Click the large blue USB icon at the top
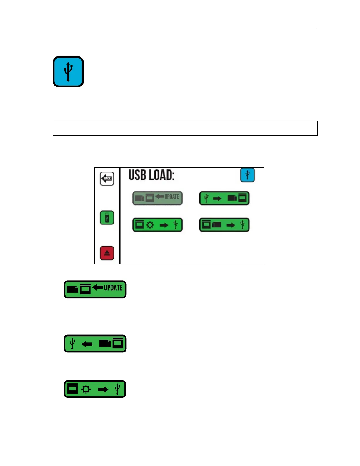pyautogui.click(x=68, y=72)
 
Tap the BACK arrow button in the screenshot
pyautogui.click(x=107, y=179)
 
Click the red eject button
pyautogui.click(x=107, y=253)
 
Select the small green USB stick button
pyautogui.click(x=107, y=218)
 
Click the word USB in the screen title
pyautogui.click(x=137, y=175)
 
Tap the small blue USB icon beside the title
pyautogui.click(x=247, y=175)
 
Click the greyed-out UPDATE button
pyautogui.click(x=157, y=198)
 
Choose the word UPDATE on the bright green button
pyautogui.click(x=113, y=288)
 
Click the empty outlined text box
pyautogui.click(x=185, y=128)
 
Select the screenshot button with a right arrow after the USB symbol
pyautogui.click(x=224, y=198)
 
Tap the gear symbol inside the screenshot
pyautogui.click(x=150, y=225)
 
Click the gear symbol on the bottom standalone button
pyautogui.click(x=86, y=390)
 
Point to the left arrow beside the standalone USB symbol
pyautogui.click(x=87, y=344)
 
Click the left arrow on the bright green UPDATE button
pyautogui.click(x=97, y=287)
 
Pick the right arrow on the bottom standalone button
pyautogui.click(x=103, y=390)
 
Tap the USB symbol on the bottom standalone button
pyautogui.click(x=117, y=389)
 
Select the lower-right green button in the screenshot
pyautogui.click(x=224, y=225)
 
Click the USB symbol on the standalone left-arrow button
pyautogui.click(x=72, y=343)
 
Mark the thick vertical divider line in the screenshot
pyautogui.click(x=120, y=216)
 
